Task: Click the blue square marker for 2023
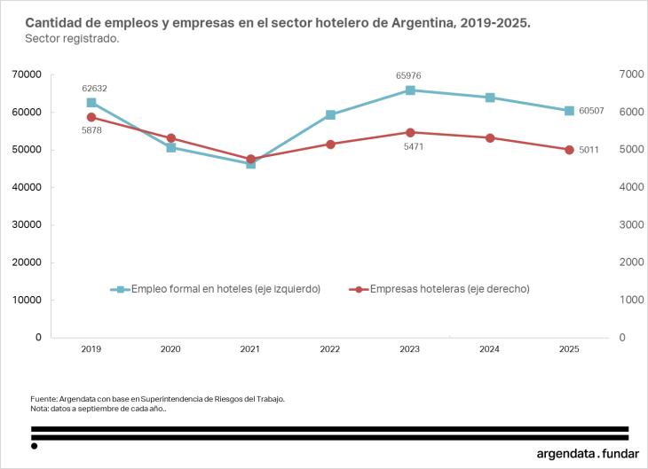[410, 90]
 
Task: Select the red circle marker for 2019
[91, 117]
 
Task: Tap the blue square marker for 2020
[170, 147]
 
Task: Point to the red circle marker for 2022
[330, 144]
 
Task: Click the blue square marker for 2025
[569, 111]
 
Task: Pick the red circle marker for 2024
[490, 137]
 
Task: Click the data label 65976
[410, 75]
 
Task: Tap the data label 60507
[591, 111]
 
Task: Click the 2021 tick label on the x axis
[250, 350]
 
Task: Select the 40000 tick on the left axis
[27, 187]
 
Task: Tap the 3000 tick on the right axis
[628, 224]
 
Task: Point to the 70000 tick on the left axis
[27, 74]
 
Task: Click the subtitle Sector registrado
[72, 39]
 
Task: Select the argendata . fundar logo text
[588, 453]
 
